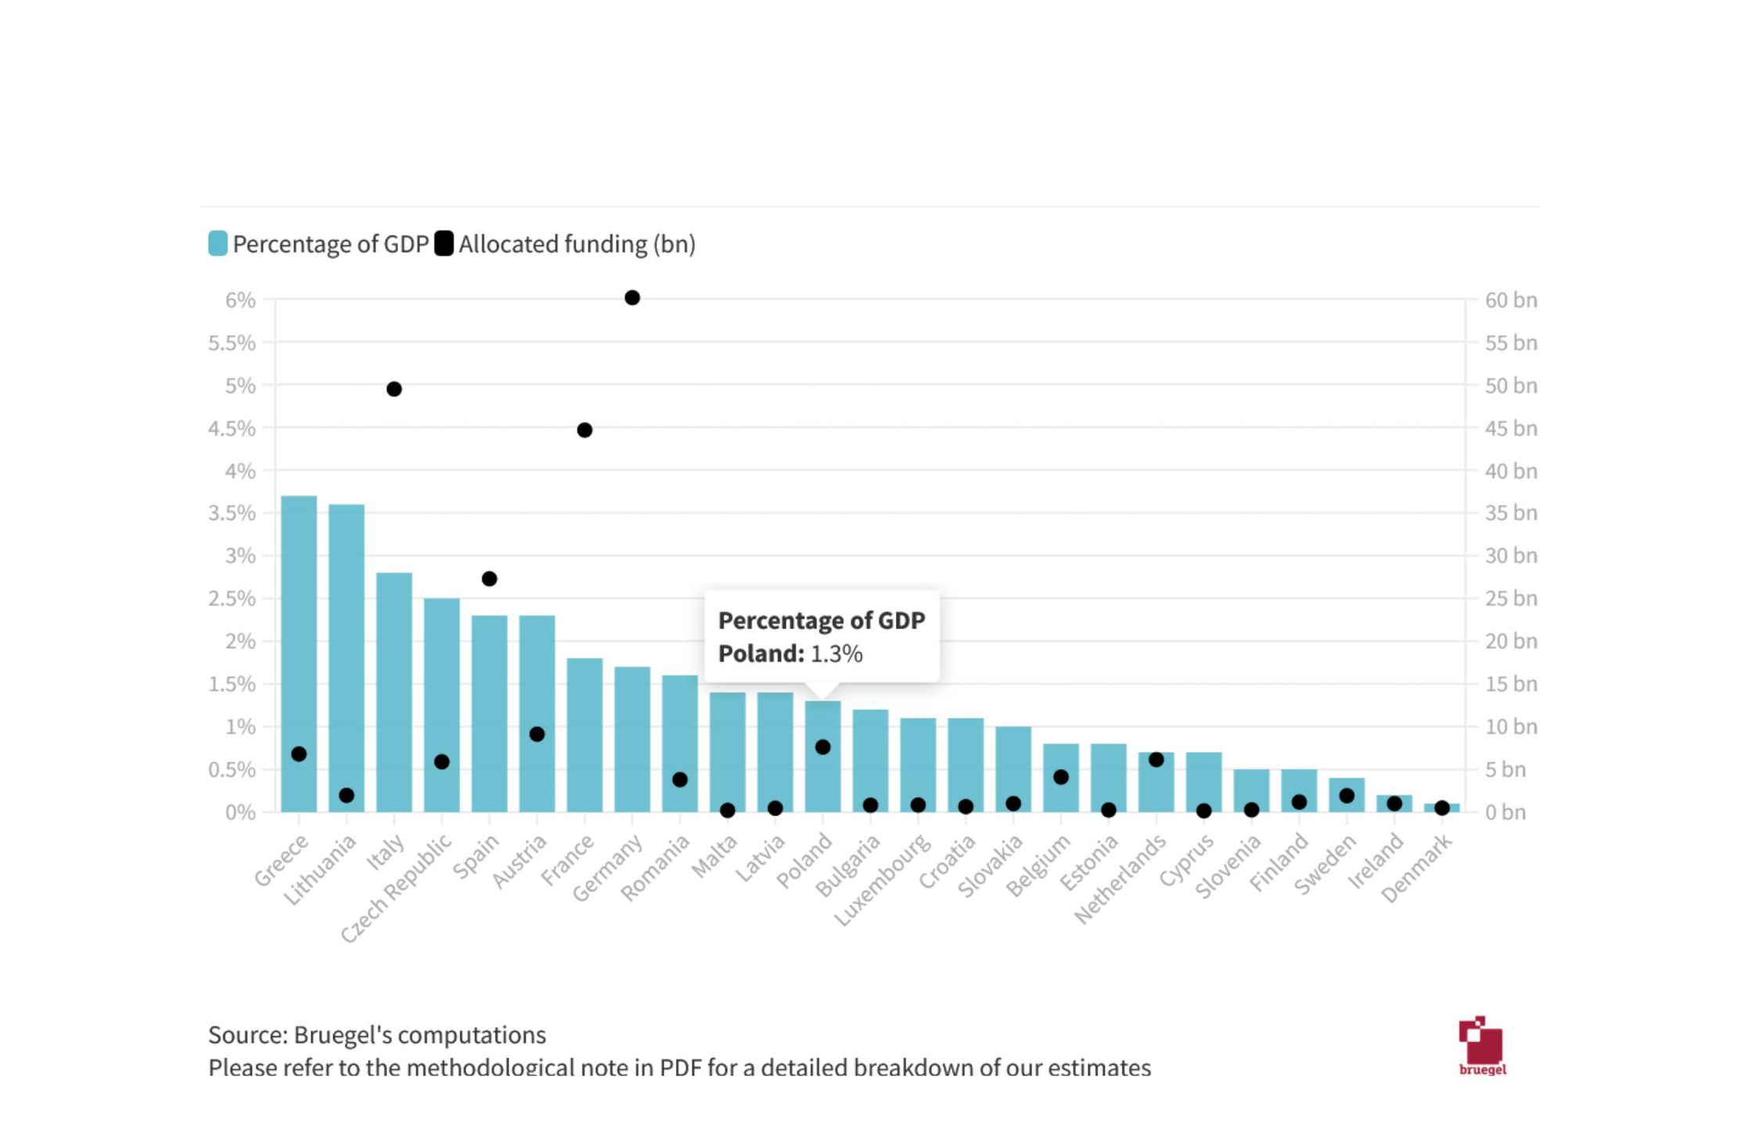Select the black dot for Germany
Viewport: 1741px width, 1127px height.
(632, 297)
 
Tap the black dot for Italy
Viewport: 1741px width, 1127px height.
(394, 389)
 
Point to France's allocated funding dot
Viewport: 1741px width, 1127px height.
(585, 430)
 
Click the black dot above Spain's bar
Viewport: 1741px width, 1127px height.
(489, 579)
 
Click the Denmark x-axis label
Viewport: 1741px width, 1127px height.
(1417, 867)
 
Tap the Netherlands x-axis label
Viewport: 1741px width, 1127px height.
(1120, 878)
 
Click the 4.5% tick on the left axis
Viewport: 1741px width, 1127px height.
(232, 428)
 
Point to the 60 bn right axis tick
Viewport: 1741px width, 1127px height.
(1510, 301)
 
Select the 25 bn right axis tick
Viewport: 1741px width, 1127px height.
(1510, 599)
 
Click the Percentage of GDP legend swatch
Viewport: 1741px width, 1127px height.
(218, 243)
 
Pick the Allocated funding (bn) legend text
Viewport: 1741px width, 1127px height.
(577, 244)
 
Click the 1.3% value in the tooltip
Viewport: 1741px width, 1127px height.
(836, 654)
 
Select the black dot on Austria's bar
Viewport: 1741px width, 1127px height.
(537, 734)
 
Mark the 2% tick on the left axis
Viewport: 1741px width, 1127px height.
(239, 642)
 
